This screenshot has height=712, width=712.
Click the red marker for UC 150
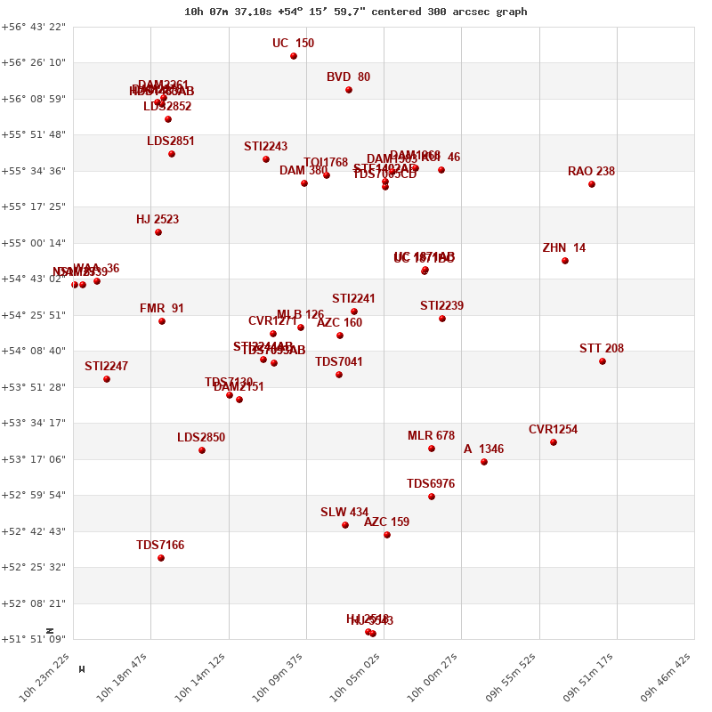(294, 56)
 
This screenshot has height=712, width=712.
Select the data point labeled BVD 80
(349, 90)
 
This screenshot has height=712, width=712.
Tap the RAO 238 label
(591, 172)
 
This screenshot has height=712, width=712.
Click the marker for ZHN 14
(565, 261)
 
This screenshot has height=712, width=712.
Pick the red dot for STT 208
(603, 361)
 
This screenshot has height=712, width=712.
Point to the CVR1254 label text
(553, 430)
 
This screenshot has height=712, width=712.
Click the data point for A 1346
(484, 462)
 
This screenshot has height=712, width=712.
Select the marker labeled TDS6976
(432, 497)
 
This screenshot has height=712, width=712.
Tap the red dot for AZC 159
(387, 535)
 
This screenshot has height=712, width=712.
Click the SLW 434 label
(344, 513)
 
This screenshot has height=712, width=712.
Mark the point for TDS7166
(161, 558)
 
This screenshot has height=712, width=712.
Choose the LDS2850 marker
(202, 450)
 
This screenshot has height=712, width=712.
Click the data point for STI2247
(107, 379)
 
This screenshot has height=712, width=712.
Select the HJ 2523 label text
(158, 220)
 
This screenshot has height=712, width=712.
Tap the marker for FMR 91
(162, 321)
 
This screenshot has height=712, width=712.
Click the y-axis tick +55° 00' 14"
(33, 243)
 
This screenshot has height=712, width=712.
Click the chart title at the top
(355, 12)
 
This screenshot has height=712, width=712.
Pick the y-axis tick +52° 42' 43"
(33, 531)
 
